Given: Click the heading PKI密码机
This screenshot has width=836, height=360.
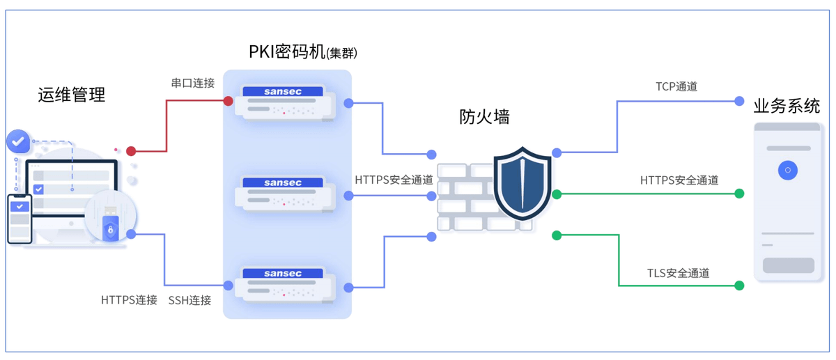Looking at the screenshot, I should pos(287,52).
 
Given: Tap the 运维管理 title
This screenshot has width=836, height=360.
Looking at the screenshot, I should pos(72,94).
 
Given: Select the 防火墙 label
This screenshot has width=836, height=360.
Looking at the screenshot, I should pos(484,116).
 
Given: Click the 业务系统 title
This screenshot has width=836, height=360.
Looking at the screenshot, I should pos(787,106).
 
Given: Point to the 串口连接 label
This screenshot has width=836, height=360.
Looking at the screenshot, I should pos(193,83).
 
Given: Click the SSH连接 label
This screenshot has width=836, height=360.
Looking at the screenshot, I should pos(189,300).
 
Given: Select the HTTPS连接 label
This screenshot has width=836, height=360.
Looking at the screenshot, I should pos(129,300).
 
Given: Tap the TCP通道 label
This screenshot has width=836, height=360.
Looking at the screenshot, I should pos(676,87).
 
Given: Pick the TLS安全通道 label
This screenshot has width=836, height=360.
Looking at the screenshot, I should pos(678,273).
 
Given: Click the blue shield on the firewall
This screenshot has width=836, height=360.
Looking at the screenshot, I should pos(522,182).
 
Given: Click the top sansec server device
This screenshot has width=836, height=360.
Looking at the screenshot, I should pos(284,102).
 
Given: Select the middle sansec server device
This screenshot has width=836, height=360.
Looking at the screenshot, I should pos(284,194).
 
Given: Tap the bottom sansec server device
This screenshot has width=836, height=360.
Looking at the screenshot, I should pos(284,284).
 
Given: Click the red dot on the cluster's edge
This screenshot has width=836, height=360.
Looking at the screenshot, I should pos(228,101).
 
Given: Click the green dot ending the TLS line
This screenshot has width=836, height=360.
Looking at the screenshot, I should pos(739,285).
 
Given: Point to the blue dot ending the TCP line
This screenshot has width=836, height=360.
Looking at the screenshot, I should pos(739,101).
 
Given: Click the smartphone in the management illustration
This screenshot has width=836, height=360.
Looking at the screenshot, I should pos(20,219).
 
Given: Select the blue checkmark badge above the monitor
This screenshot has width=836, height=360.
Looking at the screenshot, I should pos(17,141).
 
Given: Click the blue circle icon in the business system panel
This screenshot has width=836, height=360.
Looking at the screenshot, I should pos(788,170).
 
